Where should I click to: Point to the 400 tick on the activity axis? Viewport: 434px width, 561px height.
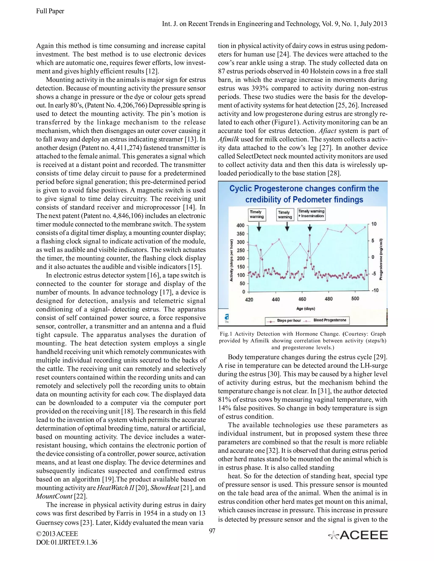(x=241, y=225)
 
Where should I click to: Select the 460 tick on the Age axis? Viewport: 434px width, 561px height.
(x=302, y=299)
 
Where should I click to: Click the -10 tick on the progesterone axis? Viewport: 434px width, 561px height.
(x=375, y=290)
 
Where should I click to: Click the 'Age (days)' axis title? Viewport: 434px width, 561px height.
(x=305, y=308)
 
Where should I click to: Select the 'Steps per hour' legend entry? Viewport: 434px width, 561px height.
(x=285, y=320)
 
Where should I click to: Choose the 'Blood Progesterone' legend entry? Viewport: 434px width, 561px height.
(x=330, y=320)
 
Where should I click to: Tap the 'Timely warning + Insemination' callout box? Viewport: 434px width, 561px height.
(x=311, y=214)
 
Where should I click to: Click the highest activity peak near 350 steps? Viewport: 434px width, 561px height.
(x=310, y=235)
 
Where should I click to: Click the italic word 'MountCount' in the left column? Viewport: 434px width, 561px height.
(x=54, y=496)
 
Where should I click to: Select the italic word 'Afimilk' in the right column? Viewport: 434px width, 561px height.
(x=228, y=139)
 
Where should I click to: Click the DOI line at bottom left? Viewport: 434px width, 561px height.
(x=67, y=542)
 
